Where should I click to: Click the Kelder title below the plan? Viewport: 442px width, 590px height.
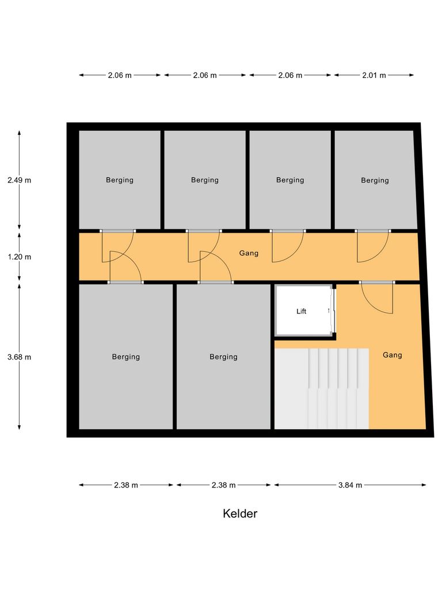point(240,513)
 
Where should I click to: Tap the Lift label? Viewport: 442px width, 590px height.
point(302,311)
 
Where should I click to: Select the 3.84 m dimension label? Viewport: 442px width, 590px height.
point(350,485)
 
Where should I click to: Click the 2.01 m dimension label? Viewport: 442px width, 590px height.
point(374,75)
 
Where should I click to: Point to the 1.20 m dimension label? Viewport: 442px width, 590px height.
point(20,257)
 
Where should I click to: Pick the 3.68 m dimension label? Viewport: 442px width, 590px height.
point(20,357)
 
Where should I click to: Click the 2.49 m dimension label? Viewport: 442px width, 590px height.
point(20,180)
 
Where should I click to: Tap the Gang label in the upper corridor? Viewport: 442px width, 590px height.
point(249,253)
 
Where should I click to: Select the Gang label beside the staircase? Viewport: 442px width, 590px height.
point(393,355)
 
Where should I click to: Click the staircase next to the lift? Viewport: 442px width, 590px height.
point(321,388)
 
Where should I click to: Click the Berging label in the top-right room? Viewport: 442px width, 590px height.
point(375,180)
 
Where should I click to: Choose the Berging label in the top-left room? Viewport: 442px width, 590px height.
point(120,180)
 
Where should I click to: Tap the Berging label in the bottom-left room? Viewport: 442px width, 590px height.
point(126,357)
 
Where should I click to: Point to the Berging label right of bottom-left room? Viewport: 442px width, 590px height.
point(223,357)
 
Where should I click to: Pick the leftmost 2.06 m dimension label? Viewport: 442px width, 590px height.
point(120,75)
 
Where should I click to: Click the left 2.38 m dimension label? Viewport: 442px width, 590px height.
point(126,485)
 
